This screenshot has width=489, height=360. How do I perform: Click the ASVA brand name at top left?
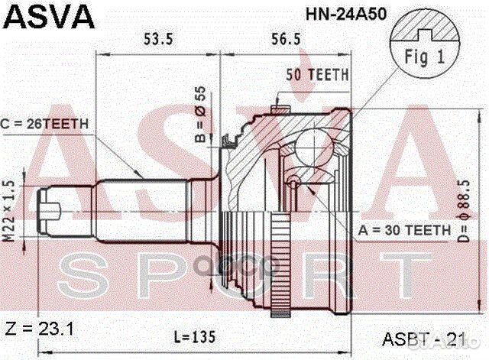49,17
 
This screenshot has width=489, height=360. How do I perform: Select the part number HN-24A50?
346,14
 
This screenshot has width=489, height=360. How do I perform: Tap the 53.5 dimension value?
158,39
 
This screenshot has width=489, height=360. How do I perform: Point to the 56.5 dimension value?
286,39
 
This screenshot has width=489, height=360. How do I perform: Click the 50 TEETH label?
317,75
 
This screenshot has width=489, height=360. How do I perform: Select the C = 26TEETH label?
44,124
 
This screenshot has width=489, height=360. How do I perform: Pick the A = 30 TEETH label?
404,230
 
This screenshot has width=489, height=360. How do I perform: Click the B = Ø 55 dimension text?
200,114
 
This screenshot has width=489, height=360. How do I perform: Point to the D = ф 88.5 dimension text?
465,212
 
